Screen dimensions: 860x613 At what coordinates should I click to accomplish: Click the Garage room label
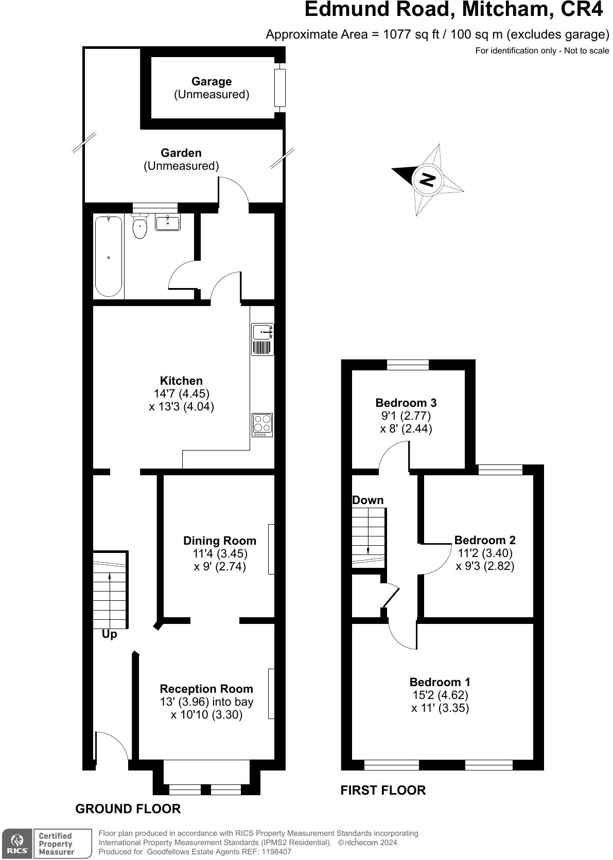(211, 81)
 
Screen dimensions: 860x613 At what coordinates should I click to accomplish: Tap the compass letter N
(427, 179)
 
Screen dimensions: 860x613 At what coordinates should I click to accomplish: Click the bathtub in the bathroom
(109, 256)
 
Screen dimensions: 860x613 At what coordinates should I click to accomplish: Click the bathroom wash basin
(167, 223)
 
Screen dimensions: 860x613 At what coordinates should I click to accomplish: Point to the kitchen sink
(262, 332)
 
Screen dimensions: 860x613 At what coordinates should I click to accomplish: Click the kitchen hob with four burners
(262, 425)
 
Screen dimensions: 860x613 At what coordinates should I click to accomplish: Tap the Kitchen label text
(181, 381)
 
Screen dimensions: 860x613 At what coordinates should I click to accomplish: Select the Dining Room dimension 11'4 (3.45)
(220, 554)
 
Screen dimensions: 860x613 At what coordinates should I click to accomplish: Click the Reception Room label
(206, 689)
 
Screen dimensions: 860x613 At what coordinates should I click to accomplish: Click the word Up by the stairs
(109, 634)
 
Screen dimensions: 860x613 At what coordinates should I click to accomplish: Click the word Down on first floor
(367, 500)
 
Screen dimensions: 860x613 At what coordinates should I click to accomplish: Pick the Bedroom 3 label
(406, 403)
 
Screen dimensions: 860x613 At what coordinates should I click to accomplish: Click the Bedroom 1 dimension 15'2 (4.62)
(440, 695)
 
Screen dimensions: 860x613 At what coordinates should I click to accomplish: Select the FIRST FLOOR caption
(383, 790)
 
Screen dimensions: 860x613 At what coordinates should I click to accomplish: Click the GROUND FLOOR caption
(128, 809)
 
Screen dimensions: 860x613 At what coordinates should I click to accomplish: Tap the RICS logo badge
(17, 843)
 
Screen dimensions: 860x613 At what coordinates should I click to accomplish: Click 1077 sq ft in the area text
(411, 34)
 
